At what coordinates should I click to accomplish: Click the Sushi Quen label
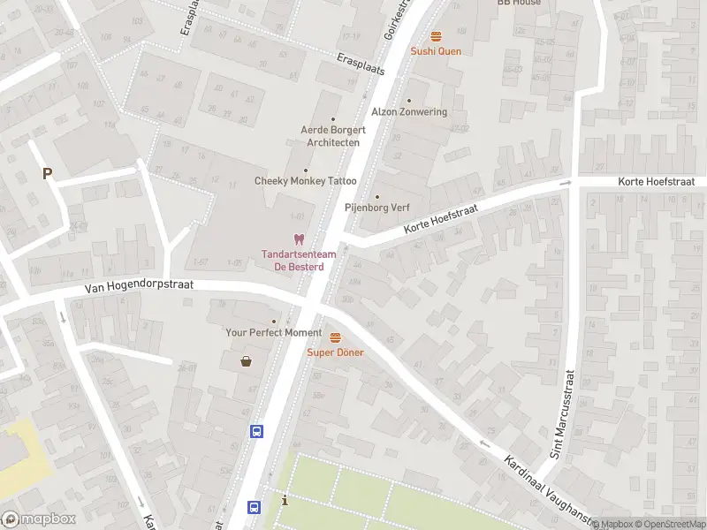pos(436,51)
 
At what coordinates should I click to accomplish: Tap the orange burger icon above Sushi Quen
pos(436,36)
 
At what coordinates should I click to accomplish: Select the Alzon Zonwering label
pos(409,112)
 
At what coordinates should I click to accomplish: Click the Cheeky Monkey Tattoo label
pos(306,181)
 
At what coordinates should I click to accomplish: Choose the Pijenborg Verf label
pos(377,208)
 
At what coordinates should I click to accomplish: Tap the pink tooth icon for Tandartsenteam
pos(299,239)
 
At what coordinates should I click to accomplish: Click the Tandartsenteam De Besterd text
pos(293,261)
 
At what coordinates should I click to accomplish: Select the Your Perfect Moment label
pos(274,332)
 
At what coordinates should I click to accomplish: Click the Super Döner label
pos(335,352)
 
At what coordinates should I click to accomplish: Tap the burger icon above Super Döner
pos(335,337)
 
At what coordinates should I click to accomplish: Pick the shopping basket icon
pos(246,360)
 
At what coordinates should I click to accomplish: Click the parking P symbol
pos(47,174)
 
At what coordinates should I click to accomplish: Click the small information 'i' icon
pos(284,501)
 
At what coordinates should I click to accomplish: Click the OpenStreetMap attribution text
pos(669,524)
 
